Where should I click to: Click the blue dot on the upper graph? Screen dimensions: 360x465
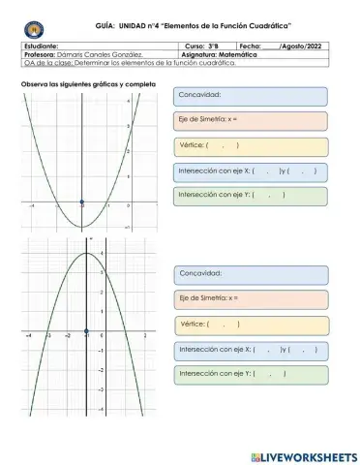(x=83, y=205)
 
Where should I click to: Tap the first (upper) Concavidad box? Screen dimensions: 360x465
(x=250, y=95)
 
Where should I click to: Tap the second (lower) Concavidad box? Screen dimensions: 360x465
(x=250, y=274)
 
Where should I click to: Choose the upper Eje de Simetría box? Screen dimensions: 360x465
(x=250, y=120)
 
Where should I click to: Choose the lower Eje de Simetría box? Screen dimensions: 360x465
(x=250, y=297)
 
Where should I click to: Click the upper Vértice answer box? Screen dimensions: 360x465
(x=250, y=145)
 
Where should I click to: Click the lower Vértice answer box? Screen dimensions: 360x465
(x=250, y=324)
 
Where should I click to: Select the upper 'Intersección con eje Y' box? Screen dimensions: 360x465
(x=250, y=196)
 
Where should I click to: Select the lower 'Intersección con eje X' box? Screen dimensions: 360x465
(x=250, y=349)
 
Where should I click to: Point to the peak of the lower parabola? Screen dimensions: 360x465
(x=87, y=254)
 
